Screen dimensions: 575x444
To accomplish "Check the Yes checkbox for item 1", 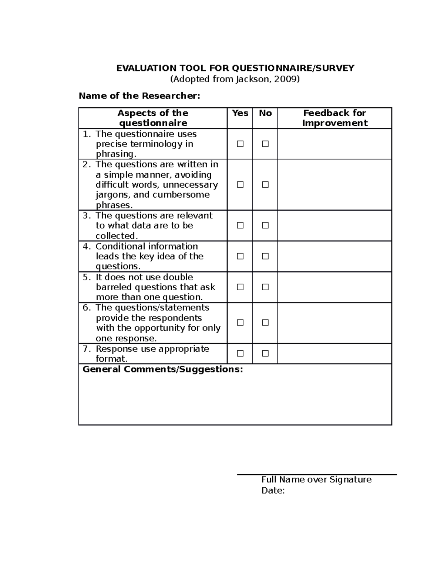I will tap(240, 144).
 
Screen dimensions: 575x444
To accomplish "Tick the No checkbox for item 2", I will tap(265, 184).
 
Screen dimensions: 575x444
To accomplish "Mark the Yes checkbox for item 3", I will tap(240, 225).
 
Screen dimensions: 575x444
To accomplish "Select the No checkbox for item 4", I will tap(265, 256).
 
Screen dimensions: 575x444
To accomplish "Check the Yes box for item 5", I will tap(240, 287).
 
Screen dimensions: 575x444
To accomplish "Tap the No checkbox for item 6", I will tap(265, 322).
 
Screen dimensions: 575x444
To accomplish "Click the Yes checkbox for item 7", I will tap(240, 353).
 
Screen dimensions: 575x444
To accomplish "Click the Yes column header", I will tap(240, 113).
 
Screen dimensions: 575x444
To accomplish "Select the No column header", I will tap(265, 113).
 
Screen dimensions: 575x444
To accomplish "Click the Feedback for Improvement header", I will tap(334, 118).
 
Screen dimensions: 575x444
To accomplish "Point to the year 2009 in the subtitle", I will tap(285, 79).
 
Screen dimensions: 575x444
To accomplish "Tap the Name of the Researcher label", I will tap(139, 96).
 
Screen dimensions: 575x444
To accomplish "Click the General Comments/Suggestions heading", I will tap(163, 369).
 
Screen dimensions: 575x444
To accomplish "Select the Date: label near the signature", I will tap(273, 491).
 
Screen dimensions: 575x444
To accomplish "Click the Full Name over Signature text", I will tap(316, 479).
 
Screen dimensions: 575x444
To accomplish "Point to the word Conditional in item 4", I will tap(119, 246).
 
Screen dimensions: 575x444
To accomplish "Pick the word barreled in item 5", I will tap(114, 287).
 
